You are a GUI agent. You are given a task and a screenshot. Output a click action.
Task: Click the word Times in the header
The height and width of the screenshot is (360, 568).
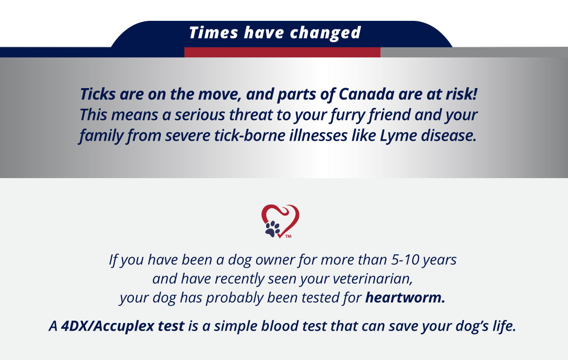(x=213, y=33)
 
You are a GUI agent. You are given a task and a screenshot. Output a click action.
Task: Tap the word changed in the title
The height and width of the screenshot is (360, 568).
(x=325, y=34)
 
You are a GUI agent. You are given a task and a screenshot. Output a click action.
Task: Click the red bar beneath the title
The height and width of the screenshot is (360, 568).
(x=282, y=52)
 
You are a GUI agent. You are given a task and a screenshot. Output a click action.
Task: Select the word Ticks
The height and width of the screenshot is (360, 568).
(x=98, y=94)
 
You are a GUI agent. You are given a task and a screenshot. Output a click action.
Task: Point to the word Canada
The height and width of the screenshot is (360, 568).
(x=366, y=94)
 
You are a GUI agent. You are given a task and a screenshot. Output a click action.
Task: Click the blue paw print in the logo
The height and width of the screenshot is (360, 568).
(x=272, y=229)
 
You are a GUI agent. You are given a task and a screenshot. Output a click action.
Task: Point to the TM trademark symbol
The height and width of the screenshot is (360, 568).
(x=288, y=236)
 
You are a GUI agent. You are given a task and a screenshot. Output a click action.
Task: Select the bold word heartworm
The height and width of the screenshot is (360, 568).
(x=405, y=297)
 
